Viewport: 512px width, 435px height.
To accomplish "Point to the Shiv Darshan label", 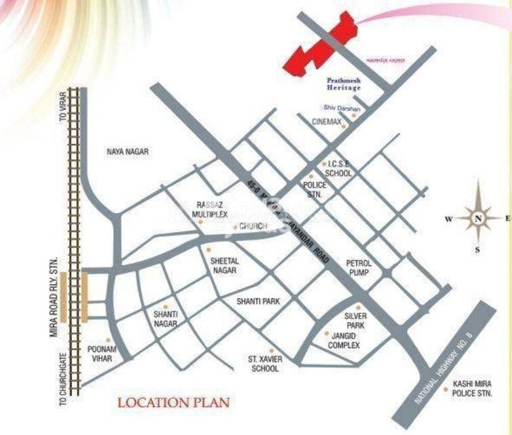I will tap(342, 109).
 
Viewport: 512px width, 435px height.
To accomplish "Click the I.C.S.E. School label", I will tap(338, 168).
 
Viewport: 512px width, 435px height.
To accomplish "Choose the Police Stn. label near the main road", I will tap(315, 190).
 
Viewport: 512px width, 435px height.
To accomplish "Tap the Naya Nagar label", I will tap(127, 152).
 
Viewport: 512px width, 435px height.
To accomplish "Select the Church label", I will tap(252, 226).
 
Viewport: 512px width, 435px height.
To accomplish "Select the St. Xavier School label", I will tap(264, 363).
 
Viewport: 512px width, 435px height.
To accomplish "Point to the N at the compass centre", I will tap(478, 218).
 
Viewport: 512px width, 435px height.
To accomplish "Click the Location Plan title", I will tap(174, 402).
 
